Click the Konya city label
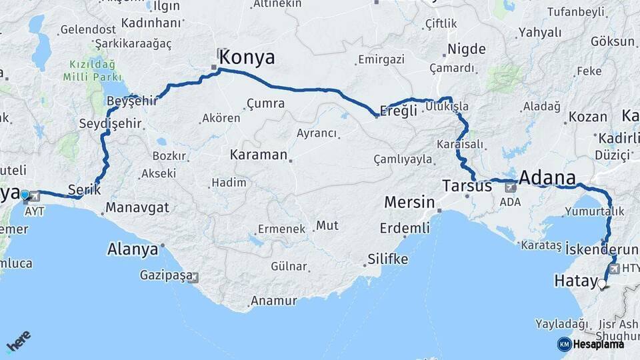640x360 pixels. tap(247, 57)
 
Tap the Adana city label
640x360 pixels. tap(546, 178)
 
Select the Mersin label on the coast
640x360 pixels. tap(409, 202)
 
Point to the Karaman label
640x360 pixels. tap(258, 155)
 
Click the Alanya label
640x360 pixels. tap(132, 250)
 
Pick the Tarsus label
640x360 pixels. tap(467, 186)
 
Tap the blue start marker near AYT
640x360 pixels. tap(25, 195)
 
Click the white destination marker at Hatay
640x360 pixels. tap(602, 285)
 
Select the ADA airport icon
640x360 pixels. tap(510, 187)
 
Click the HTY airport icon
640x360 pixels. tap(613, 269)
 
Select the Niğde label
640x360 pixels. tap(466, 49)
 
